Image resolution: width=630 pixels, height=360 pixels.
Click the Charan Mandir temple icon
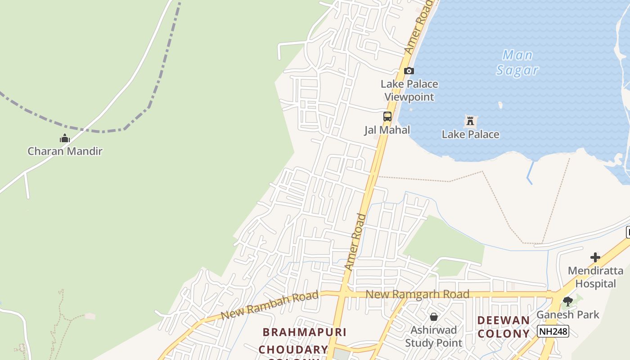(65, 138)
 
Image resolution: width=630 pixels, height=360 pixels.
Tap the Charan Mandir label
(65, 151)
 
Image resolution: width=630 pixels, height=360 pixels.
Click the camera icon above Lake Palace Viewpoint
(409, 71)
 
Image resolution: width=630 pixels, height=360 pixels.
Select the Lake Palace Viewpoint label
(409, 90)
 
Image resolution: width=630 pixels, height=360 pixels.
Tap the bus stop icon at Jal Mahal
(387, 117)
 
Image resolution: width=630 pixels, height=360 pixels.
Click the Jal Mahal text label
(387, 130)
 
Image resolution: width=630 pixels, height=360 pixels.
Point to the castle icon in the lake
(470, 121)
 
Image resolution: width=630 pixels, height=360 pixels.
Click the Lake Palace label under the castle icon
(470, 134)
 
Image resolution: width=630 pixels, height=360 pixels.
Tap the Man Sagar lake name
(517, 63)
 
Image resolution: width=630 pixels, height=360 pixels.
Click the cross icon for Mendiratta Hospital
(595, 257)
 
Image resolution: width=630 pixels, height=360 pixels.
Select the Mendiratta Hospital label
(595, 277)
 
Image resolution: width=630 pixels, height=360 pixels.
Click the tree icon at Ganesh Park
(568, 301)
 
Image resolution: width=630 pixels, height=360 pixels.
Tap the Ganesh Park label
(568, 315)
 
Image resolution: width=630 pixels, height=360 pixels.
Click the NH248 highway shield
(553, 332)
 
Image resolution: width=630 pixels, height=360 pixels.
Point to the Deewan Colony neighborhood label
(504, 327)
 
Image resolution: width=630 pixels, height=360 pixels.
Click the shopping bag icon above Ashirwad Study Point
(434, 317)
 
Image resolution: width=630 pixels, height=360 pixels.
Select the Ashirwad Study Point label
(433, 336)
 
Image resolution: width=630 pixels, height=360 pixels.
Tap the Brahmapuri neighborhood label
(305, 332)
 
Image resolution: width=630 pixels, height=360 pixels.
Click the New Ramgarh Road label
(418, 294)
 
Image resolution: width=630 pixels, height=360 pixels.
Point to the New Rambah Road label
(270, 305)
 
